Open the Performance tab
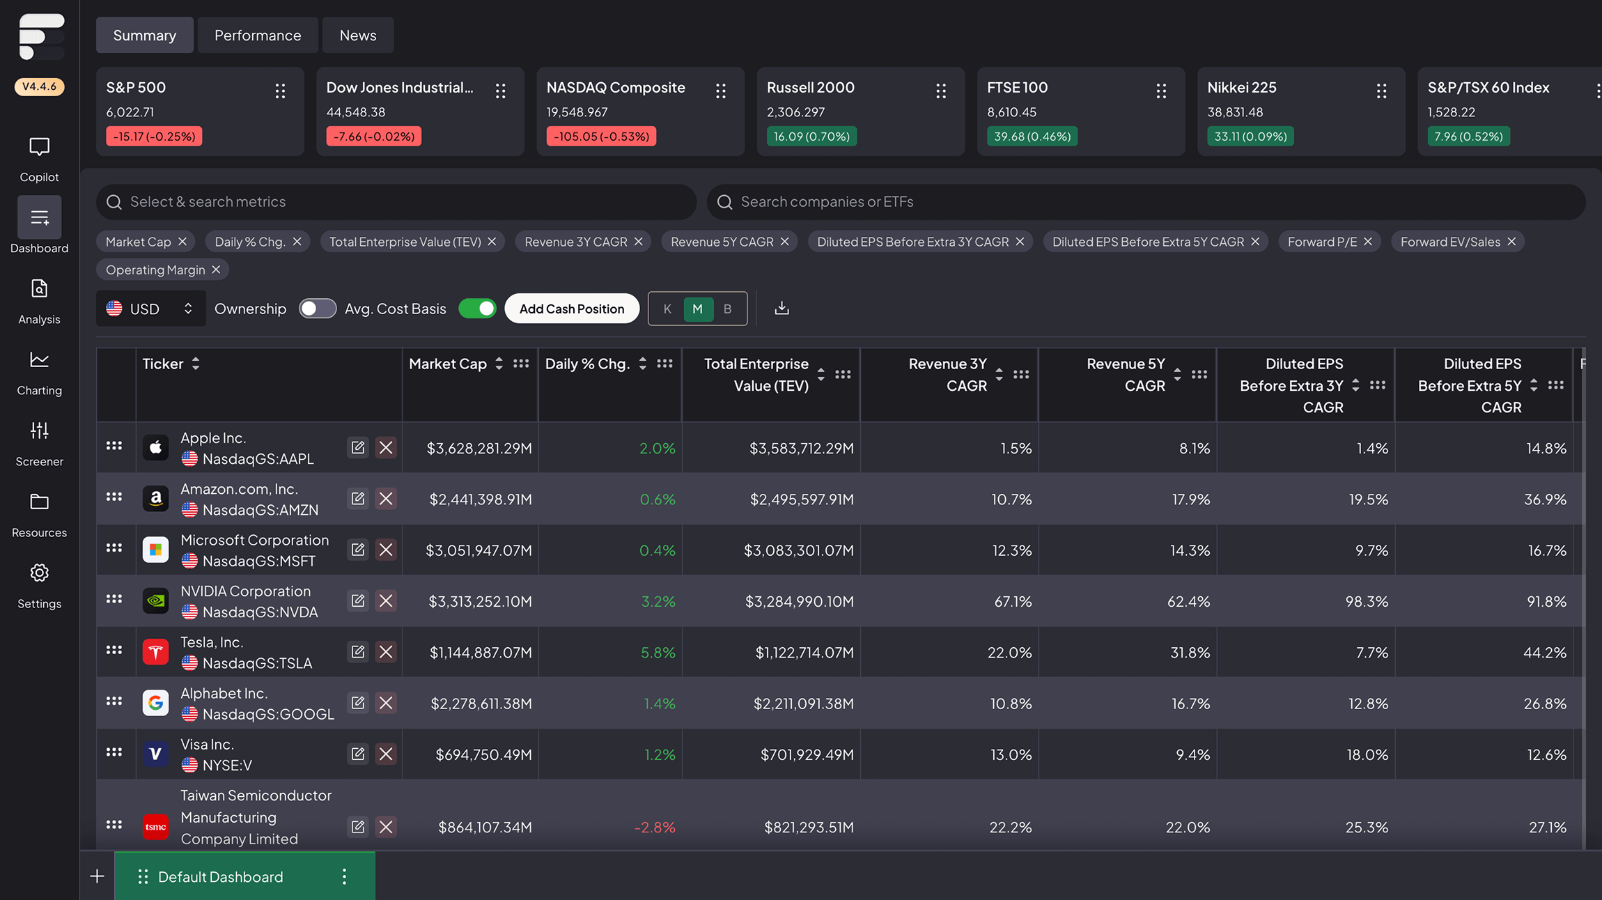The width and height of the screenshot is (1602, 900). click(x=258, y=36)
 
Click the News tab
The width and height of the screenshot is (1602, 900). click(x=358, y=36)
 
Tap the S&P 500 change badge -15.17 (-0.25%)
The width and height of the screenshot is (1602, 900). click(x=154, y=137)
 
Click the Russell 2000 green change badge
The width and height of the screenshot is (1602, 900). click(x=811, y=137)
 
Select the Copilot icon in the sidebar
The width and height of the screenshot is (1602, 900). click(x=40, y=148)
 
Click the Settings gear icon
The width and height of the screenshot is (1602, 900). click(x=40, y=573)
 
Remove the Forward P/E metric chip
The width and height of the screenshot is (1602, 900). click(x=1368, y=242)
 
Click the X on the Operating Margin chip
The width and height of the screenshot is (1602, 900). click(x=216, y=270)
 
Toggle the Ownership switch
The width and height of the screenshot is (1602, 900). click(x=318, y=309)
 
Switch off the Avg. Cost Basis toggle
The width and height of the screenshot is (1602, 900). click(x=477, y=309)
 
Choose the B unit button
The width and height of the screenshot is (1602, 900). click(x=727, y=309)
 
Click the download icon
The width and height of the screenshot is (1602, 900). click(x=781, y=309)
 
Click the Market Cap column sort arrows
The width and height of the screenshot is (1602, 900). click(x=499, y=364)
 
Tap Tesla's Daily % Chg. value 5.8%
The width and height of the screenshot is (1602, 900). click(x=658, y=653)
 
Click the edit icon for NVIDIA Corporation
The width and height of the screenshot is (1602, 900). click(x=358, y=600)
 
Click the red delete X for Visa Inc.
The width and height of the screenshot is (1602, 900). click(x=386, y=754)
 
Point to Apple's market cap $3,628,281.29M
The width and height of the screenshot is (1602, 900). click(x=479, y=449)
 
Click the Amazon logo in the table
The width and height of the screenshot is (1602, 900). click(x=155, y=499)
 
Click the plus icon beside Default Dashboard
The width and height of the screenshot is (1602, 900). click(x=98, y=876)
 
